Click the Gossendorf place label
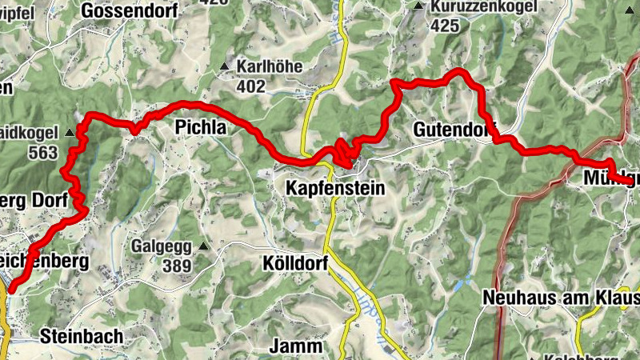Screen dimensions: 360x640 pos(143,11)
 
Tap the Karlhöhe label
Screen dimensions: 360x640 pos(270,66)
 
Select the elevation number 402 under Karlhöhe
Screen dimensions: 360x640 pos(250,85)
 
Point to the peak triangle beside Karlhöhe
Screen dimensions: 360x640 pos(226,66)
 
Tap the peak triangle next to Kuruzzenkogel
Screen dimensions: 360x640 pos(418,6)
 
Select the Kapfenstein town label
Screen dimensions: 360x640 pos(334,189)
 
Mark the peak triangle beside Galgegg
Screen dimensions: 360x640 pos(203,246)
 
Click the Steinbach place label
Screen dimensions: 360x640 pos(78,335)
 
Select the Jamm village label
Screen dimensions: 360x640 pos(295,347)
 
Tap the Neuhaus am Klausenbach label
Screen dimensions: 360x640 pos(560,298)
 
